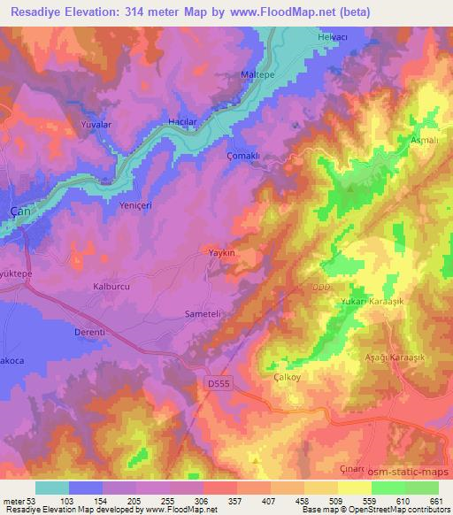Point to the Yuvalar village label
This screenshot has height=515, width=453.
coord(97,125)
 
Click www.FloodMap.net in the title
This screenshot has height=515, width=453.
coord(268,12)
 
